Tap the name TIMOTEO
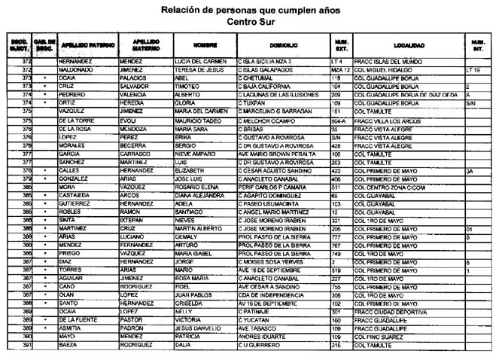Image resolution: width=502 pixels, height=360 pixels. coord(187,87)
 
